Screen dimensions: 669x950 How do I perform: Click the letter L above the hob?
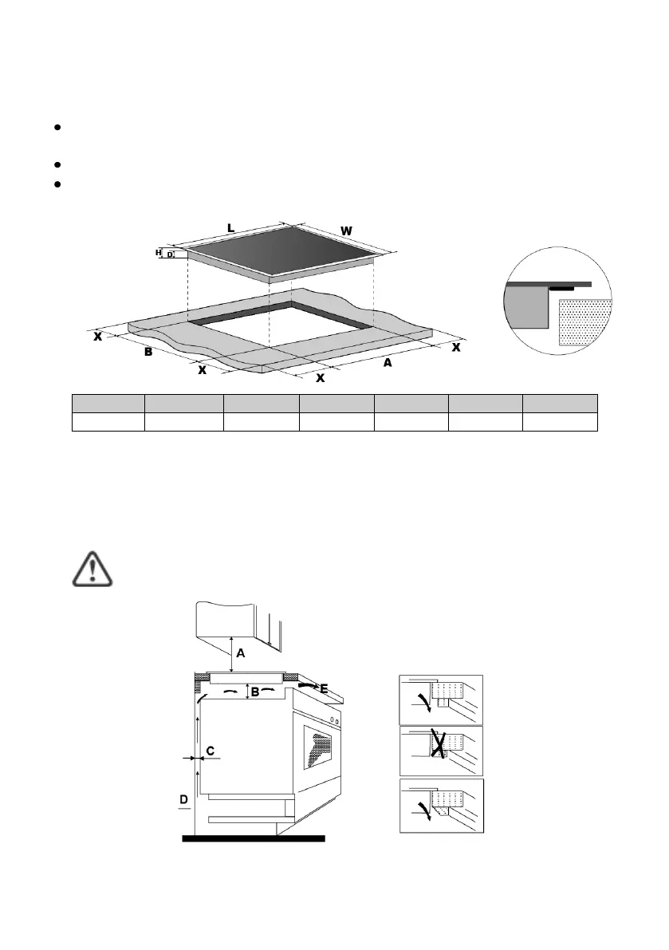[x=230, y=228]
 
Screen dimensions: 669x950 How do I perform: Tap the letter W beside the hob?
[x=346, y=231]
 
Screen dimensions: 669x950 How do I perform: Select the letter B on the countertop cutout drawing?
[x=148, y=352]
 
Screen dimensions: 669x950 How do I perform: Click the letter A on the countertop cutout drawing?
[x=388, y=362]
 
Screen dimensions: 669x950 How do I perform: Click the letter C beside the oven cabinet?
[x=210, y=751]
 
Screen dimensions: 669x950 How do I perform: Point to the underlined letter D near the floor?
[x=184, y=799]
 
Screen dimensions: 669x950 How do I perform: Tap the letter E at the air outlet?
[x=324, y=688]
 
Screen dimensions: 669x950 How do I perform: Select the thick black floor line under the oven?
[x=254, y=838]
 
